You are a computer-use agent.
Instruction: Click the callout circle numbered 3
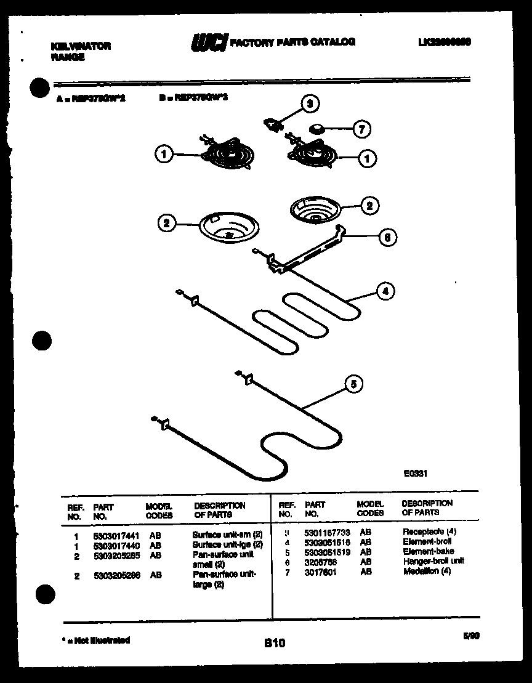(310, 104)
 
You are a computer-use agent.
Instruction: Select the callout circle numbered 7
(361, 130)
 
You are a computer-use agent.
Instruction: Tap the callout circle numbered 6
(387, 237)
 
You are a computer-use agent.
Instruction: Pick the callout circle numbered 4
(385, 292)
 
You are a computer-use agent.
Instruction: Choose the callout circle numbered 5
(353, 385)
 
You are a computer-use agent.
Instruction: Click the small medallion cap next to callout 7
(318, 129)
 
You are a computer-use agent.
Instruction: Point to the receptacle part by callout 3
(272, 124)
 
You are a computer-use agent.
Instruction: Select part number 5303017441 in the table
(114, 536)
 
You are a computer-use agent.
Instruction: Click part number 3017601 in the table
(321, 572)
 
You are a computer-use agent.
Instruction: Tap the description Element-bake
(428, 551)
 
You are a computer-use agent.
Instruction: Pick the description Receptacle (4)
(429, 531)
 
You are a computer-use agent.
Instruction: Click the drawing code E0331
(416, 474)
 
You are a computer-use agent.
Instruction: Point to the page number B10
(275, 644)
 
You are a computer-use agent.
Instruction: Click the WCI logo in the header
(209, 42)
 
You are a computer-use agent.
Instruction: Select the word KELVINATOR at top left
(80, 46)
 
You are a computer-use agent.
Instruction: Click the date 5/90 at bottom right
(471, 638)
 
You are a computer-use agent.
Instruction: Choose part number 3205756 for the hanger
(321, 562)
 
